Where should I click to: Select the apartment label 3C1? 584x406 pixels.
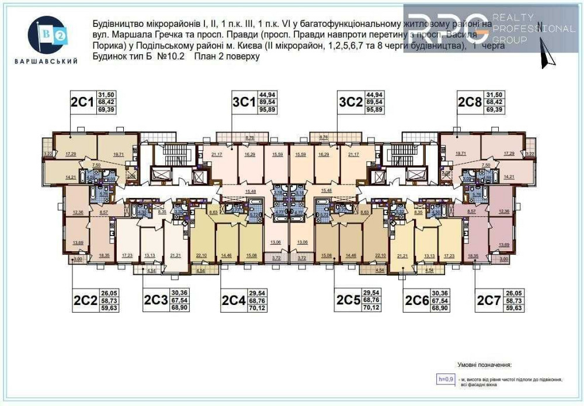[244, 102]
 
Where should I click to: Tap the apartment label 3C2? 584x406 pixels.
[350, 102]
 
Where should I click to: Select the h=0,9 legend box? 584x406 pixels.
[446, 379]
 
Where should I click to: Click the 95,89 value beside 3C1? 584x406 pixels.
[269, 109]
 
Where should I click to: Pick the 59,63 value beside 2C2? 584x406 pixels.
[109, 307]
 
